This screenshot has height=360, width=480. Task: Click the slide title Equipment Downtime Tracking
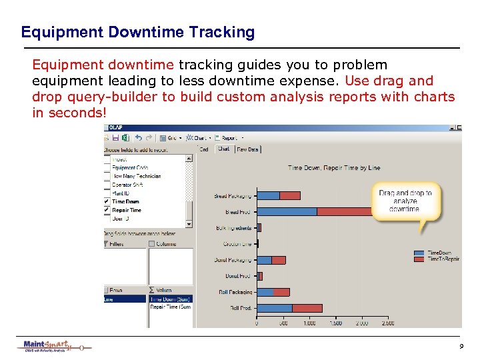(x=137, y=32)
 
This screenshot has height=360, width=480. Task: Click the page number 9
(x=461, y=347)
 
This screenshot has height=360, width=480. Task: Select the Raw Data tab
(x=247, y=149)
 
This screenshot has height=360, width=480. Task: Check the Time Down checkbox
(x=107, y=201)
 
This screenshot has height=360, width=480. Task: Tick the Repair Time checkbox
(x=107, y=210)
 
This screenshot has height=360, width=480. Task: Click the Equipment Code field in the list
(x=130, y=168)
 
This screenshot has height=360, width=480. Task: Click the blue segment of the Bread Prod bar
(x=287, y=211)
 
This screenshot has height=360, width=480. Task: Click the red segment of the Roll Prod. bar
(x=307, y=308)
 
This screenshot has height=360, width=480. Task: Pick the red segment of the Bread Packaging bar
(x=290, y=195)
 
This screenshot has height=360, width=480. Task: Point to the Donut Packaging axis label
(x=233, y=260)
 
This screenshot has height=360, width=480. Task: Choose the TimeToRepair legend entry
(x=442, y=259)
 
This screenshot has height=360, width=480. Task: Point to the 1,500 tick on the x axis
(x=335, y=323)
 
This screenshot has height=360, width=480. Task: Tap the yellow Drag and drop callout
(x=405, y=201)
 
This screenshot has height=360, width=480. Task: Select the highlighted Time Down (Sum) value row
(x=171, y=299)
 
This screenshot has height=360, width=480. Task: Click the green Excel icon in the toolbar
(x=125, y=138)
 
